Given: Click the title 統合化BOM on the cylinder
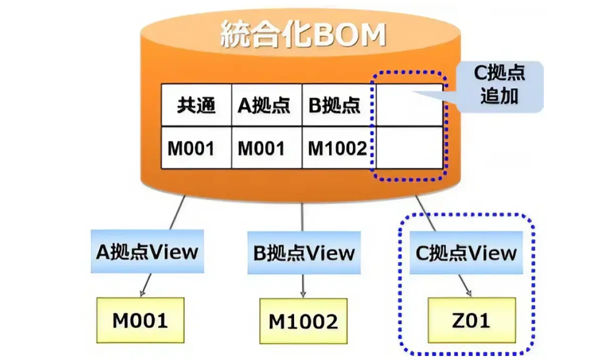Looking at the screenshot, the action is [303, 35].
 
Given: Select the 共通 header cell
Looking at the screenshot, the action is [197, 105].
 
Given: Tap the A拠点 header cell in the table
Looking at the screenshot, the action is [266, 105].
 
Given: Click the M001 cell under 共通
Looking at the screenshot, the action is [197, 147].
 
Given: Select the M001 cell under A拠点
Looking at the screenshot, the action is [266, 147].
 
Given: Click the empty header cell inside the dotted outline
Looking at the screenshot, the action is [409, 105].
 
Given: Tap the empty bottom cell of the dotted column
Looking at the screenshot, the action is [409, 147].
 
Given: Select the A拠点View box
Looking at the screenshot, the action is [147, 252].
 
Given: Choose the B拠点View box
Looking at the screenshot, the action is [304, 253].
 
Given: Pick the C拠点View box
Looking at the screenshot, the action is [466, 253].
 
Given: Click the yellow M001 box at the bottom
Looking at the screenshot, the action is [140, 320].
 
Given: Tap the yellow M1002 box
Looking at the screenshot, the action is [304, 321].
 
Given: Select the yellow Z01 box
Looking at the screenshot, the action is [472, 320].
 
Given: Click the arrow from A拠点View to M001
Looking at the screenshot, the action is [146, 285].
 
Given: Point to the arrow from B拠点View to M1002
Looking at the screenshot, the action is [303, 286].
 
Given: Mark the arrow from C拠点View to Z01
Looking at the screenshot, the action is [465, 286].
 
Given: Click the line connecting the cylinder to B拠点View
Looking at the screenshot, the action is [302, 217].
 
